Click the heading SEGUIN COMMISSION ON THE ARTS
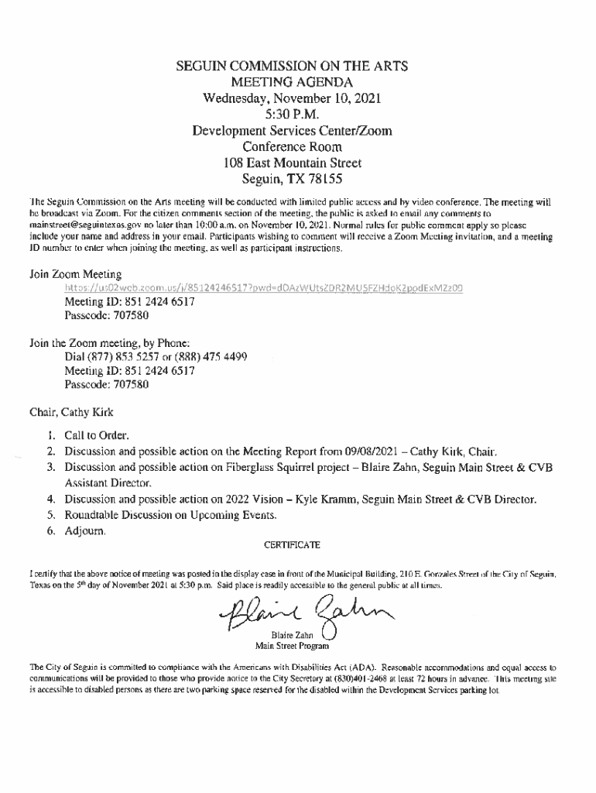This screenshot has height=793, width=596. (x=292, y=67)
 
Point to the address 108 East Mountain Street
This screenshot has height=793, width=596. (x=292, y=163)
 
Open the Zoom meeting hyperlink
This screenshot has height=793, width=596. (x=264, y=288)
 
